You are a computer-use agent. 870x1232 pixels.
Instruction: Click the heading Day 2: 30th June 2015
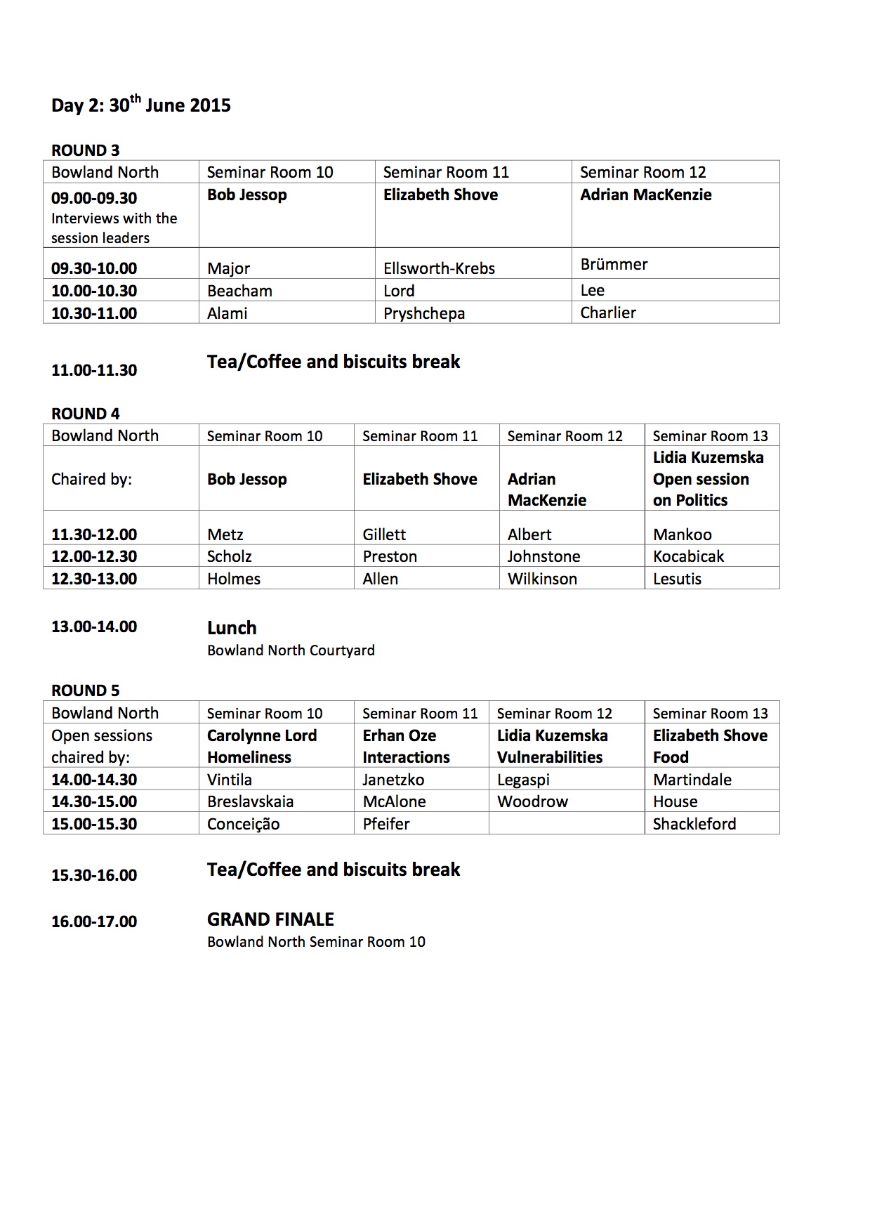[x=141, y=105]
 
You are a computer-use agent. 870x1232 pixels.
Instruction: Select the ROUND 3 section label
[x=86, y=150]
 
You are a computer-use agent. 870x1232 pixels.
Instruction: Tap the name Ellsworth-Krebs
[x=439, y=268]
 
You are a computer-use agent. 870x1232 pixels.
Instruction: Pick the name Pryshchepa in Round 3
[x=424, y=313]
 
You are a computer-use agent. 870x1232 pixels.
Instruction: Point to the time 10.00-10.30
[x=94, y=291]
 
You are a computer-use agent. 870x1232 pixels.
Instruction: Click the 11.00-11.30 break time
[x=94, y=370]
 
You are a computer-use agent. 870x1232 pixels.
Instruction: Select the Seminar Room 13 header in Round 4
[x=710, y=435]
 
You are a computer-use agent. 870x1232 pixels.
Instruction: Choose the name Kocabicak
[x=688, y=556]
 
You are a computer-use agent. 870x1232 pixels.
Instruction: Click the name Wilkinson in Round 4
[x=542, y=579]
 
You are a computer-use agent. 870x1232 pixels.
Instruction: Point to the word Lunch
[x=232, y=628]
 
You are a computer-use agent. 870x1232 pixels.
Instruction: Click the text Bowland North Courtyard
[x=291, y=650]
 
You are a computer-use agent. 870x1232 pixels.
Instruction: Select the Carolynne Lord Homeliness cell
[x=262, y=746]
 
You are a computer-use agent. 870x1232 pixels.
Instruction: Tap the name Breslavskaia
[x=250, y=801]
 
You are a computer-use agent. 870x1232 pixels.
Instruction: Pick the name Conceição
[x=243, y=824]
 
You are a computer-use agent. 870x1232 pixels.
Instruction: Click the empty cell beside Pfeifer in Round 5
[x=566, y=823]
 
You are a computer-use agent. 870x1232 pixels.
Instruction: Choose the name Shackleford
[x=694, y=824]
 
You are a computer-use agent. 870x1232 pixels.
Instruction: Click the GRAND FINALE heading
[x=270, y=919]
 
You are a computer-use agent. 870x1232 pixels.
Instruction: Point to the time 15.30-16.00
[x=94, y=875]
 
